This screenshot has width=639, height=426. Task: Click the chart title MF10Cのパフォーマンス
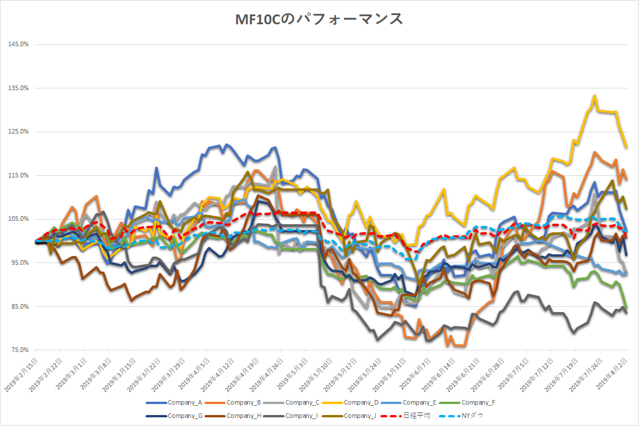[x=319, y=19]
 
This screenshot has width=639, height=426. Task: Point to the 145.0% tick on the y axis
[x=19, y=45]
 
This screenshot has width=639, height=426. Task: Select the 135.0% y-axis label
[x=19, y=88]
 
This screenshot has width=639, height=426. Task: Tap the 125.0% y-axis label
[x=19, y=132]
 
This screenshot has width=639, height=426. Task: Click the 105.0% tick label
[x=19, y=219]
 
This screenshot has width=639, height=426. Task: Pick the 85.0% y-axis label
[x=19, y=306]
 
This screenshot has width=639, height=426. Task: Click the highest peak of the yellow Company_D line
[x=594, y=96]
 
